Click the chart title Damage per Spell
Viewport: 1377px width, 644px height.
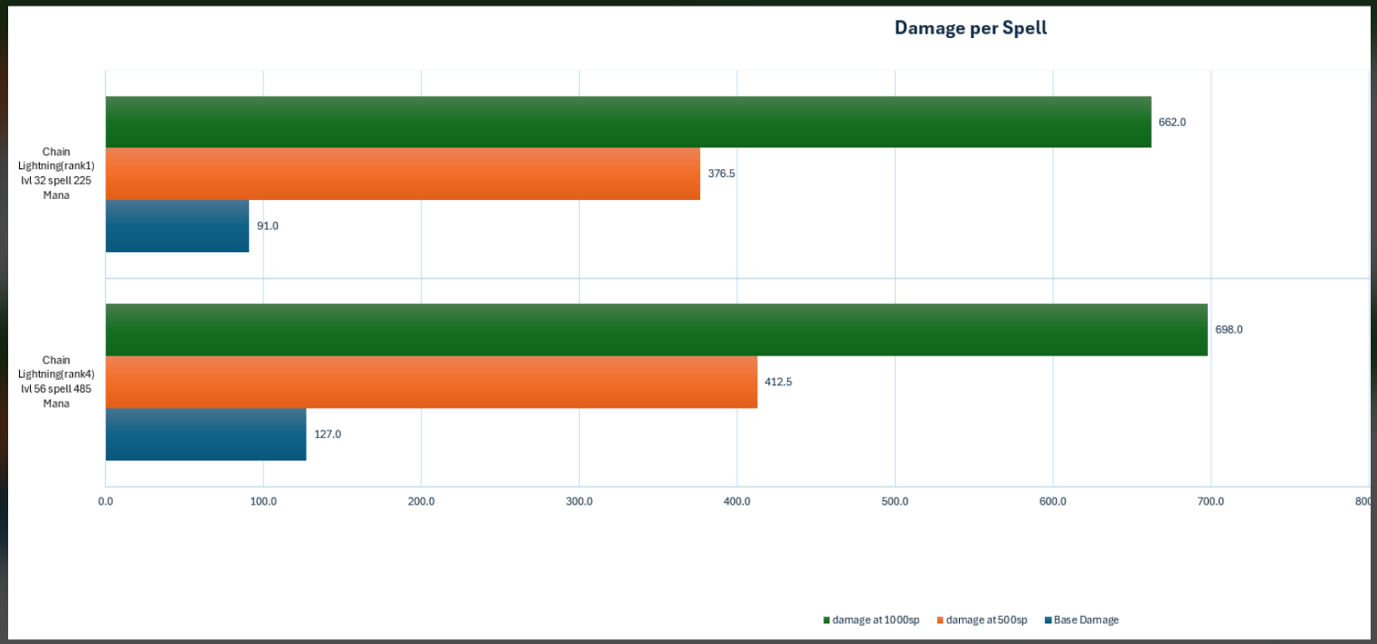point(970,28)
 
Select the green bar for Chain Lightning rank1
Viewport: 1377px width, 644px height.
point(628,122)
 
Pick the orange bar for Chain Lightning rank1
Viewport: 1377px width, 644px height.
point(403,174)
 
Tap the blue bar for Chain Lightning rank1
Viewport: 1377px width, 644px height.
point(177,226)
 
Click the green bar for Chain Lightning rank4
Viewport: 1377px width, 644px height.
point(657,330)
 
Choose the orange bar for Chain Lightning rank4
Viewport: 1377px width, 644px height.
point(432,383)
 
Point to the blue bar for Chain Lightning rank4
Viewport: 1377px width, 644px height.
point(206,434)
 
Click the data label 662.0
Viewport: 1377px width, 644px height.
point(1173,122)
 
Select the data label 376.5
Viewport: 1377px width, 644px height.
point(721,174)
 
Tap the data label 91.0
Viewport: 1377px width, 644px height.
point(268,226)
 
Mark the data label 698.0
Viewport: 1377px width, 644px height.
point(1229,330)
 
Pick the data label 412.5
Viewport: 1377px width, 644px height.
point(778,383)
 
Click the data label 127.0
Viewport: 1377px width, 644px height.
point(328,434)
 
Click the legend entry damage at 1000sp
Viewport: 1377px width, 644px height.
point(871,620)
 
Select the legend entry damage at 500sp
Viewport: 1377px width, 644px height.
point(982,620)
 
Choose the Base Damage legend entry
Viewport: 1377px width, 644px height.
point(1081,620)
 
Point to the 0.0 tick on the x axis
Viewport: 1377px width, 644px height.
point(106,501)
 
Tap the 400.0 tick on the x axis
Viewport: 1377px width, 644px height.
point(737,501)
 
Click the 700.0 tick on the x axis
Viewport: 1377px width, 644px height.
point(1211,501)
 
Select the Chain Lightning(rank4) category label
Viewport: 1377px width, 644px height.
point(56,382)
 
